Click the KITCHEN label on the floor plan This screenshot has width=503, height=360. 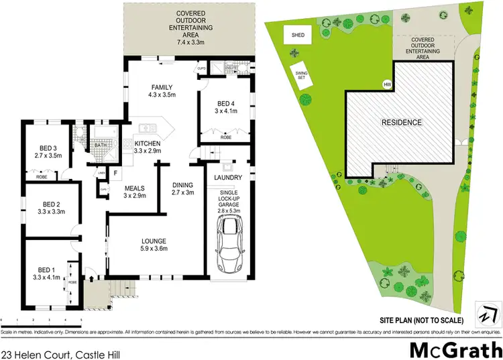(147, 143)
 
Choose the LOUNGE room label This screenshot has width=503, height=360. (154, 241)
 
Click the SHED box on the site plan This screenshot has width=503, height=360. (297, 35)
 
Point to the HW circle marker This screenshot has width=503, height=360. (387, 84)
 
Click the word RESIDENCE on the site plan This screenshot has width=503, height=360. (402, 122)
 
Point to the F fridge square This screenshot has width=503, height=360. (115, 173)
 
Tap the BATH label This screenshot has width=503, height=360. (101, 145)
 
